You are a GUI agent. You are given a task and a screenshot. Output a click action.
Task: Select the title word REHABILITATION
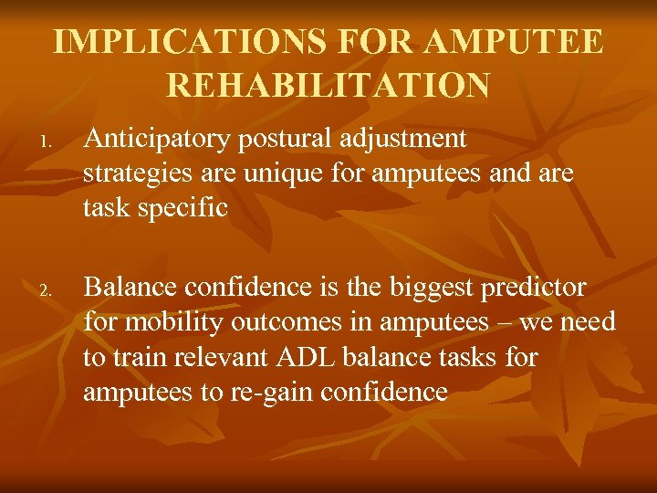(328, 85)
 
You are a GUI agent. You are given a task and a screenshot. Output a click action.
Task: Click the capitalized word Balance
(130, 288)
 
